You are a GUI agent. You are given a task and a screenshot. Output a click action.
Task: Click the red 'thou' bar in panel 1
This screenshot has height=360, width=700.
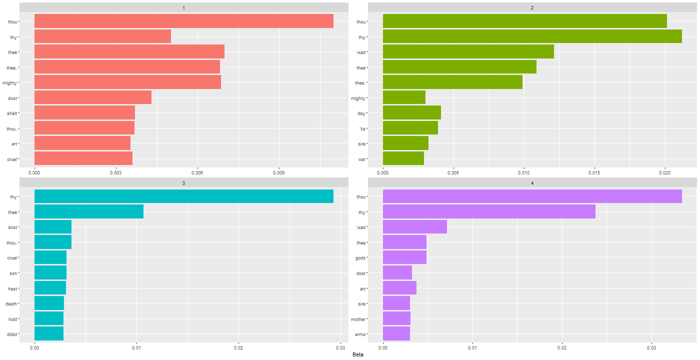[x=183, y=21]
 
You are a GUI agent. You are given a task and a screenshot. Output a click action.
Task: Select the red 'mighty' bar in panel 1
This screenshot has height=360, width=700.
[x=127, y=82]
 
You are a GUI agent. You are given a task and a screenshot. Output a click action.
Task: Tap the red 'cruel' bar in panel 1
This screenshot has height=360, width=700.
[x=83, y=158]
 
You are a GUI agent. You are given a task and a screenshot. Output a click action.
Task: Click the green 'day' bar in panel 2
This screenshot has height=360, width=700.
[x=411, y=113]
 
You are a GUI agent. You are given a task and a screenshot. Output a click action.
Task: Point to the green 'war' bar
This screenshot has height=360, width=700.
[x=403, y=158]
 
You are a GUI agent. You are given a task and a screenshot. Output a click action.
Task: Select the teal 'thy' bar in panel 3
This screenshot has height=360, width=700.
[x=183, y=196]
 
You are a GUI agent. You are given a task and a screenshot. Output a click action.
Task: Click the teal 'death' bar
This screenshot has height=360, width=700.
[x=49, y=303]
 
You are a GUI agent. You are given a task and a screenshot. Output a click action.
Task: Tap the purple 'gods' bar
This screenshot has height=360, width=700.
[x=404, y=257]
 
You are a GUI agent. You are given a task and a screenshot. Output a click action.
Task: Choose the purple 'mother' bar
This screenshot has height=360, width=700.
[x=396, y=318]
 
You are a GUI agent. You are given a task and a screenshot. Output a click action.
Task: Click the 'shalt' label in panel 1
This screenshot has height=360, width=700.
[x=12, y=113]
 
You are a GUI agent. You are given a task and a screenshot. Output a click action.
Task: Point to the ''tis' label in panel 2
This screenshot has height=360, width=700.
[x=363, y=128]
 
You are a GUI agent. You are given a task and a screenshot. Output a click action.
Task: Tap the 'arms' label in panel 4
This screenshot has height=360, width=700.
[x=360, y=334]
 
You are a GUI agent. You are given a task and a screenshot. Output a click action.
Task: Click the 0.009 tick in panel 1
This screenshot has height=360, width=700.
[x=279, y=172]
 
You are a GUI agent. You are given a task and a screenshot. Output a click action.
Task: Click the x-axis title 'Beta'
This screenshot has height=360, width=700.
[x=357, y=354]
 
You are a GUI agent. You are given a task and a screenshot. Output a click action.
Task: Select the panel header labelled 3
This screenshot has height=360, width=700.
[x=183, y=183]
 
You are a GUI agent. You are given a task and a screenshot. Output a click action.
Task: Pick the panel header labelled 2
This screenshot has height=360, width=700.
[x=532, y=7]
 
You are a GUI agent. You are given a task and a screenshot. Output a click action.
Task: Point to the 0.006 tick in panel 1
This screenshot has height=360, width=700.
[x=197, y=172]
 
